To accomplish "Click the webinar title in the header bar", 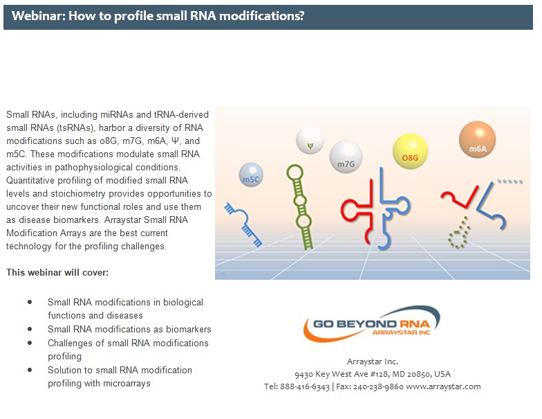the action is pyautogui.click(x=158, y=15).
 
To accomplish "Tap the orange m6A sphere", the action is pyautogui.click(x=478, y=139).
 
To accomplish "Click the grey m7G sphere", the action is pyautogui.click(x=346, y=157).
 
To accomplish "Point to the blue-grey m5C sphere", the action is pyautogui.click(x=251, y=176).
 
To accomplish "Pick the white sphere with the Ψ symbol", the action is pyautogui.click(x=310, y=141).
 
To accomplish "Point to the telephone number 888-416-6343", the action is pyautogui.click(x=305, y=386).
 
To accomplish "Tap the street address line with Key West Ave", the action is pyautogui.click(x=372, y=374).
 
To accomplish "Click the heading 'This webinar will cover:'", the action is pyautogui.click(x=57, y=272).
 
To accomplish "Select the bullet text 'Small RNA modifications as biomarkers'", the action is pyautogui.click(x=129, y=330).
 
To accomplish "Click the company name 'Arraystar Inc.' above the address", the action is pyautogui.click(x=373, y=362).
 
